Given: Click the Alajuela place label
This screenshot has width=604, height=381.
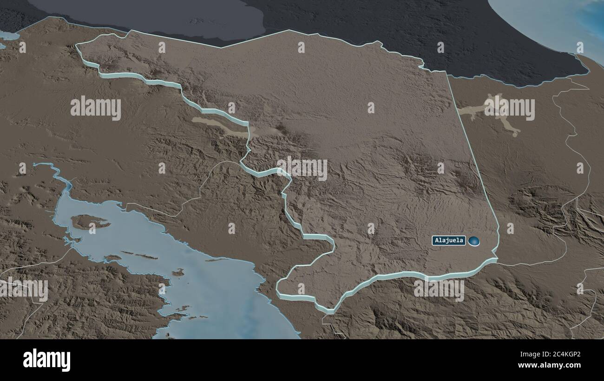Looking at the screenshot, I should point(449,240).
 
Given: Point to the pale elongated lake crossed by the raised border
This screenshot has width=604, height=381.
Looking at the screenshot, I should point(218,124).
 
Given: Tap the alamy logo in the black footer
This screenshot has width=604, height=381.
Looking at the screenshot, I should point(46,360).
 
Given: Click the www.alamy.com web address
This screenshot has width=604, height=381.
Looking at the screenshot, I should point(548,366).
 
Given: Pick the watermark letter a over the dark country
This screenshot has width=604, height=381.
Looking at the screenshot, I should point(440,47).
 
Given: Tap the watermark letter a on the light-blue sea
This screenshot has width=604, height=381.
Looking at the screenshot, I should point(579,47).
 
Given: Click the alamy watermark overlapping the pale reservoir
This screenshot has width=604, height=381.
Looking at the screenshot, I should point(509,108).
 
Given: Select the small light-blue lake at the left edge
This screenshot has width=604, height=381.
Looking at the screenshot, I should point(7,36).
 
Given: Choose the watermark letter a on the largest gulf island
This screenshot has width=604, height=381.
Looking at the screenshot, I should point(92,228).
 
